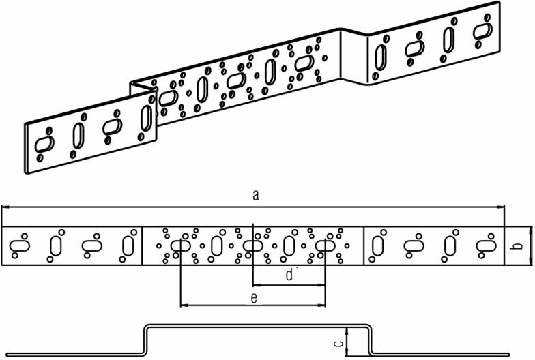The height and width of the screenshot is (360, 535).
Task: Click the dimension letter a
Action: [255, 196]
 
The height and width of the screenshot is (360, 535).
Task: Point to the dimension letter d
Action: [289, 275]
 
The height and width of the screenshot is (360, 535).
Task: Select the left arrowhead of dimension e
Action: [182, 304]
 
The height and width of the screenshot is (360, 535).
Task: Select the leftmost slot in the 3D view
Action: [45, 144]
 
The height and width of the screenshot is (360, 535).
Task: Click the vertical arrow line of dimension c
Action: [347, 341]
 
